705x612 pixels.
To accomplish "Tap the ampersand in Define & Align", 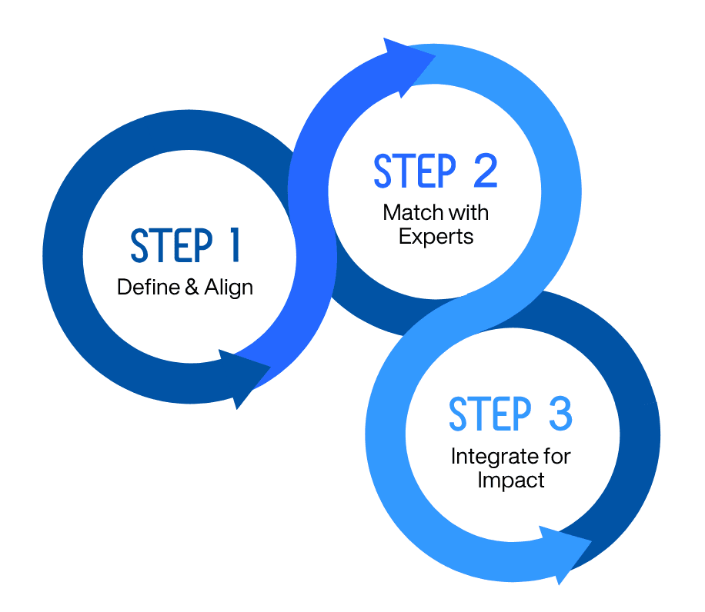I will point(192,288).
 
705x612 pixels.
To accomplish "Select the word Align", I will point(229,288).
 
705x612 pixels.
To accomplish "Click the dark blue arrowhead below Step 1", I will point(239,378).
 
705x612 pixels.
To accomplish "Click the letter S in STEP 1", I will point(139,246).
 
